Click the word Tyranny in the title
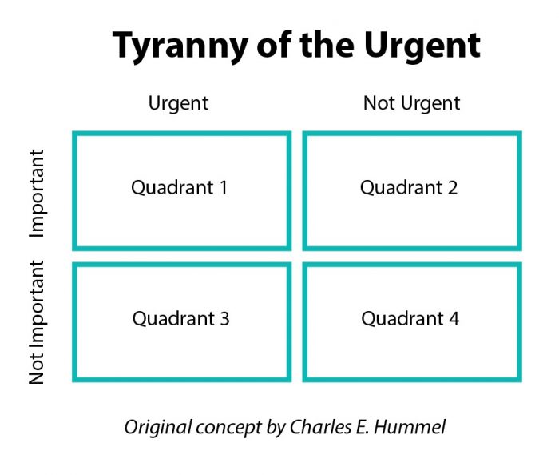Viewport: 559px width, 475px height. coord(180,46)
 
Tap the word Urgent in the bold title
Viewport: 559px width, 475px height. coord(422,46)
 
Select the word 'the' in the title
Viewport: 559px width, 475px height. coord(327,45)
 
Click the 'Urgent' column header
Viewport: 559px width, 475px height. coord(178,103)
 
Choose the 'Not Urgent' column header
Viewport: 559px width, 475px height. coord(411,103)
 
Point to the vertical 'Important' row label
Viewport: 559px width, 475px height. coord(38,194)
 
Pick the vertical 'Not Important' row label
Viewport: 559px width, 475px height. coord(38,322)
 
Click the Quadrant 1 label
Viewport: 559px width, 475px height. coord(179,188)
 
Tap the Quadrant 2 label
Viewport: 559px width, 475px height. coord(409,188)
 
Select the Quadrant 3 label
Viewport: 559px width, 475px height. coord(180,319)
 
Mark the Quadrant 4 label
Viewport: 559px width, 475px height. coord(410,319)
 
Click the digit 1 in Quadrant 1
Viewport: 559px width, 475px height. coord(224,188)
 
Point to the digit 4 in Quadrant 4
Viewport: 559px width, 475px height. coord(454,319)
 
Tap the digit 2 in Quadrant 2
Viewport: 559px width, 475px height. coord(453,188)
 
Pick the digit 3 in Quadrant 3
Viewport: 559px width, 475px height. coord(224,319)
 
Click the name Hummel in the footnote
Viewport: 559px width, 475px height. coord(410,427)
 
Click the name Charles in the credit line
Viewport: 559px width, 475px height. coord(321,427)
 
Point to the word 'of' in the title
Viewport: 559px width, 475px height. coord(275,46)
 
